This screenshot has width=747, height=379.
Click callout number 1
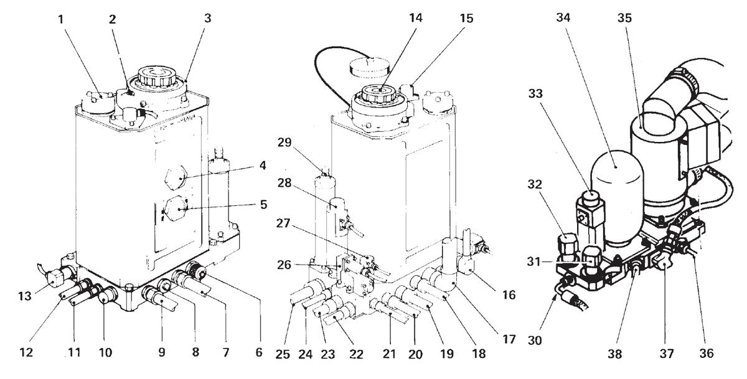[61, 20]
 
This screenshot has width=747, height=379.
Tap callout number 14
[416, 17]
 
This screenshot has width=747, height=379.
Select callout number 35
[624, 17]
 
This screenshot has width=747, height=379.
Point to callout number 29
[284, 143]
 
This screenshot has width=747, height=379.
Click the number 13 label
[25, 296]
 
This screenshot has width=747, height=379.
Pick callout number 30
[535, 340]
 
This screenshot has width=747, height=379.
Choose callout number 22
[356, 353]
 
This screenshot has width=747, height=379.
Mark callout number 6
[259, 352]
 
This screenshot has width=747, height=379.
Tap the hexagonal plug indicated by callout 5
[176, 208]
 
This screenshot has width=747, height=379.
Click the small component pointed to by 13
[54, 279]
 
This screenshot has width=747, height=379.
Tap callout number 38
[614, 353]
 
